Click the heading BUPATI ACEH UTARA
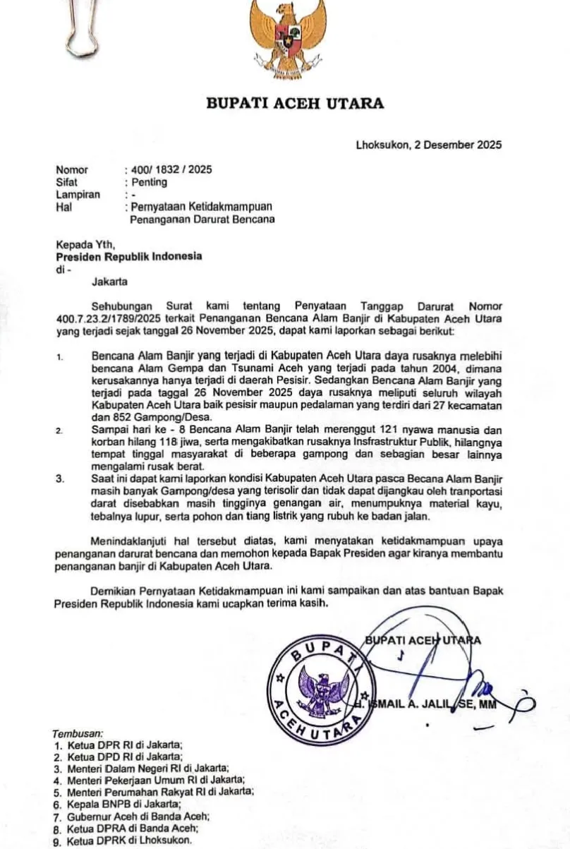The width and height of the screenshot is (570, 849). coord(295,104)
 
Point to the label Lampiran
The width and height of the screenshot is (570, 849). coord(78,195)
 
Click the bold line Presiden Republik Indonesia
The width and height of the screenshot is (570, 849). coord(129,256)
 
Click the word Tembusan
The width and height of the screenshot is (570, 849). coord(78,734)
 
